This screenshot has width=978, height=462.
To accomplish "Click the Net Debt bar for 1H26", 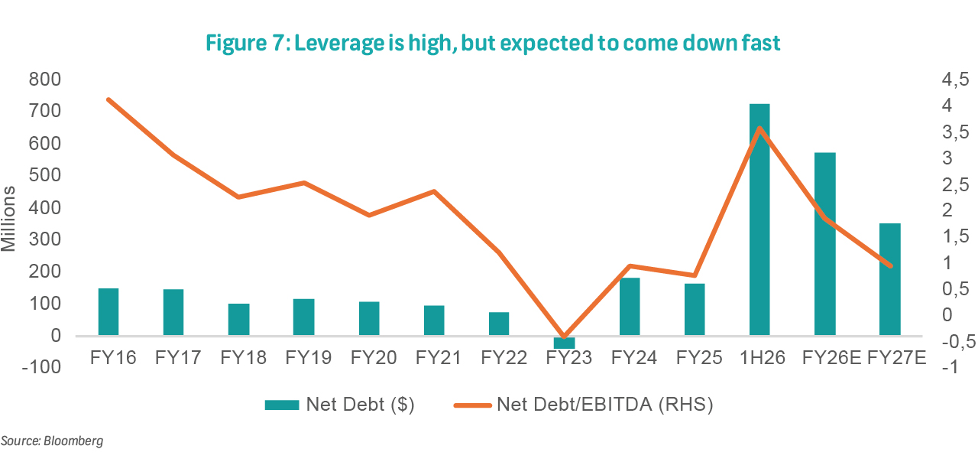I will click(x=759, y=220).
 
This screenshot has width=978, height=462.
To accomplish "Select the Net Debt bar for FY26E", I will click(x=824, y=244).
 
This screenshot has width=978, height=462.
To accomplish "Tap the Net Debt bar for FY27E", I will click(x=889, y=279).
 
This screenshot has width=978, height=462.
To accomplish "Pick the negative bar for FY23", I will click(x=564, y=342).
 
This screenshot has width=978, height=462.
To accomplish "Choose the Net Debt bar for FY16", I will click(x=108, y=312).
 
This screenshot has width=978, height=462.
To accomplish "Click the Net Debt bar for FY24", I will click(x=629, y=307).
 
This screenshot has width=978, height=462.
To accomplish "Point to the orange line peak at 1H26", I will click(x=759, y=128).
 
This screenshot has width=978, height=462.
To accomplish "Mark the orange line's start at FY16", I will click(x=108, y=99).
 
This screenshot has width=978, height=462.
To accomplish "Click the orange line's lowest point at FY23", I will click(x=564, y=337).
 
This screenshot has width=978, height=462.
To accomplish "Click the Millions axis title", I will click(x=9, y=218).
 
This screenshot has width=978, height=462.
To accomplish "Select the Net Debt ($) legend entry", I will click(x=340, y=405).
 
